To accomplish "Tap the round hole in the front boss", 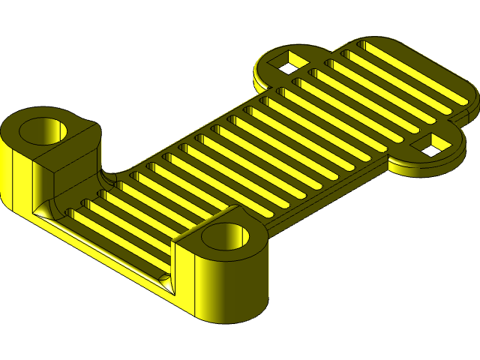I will click(x=226, y=236).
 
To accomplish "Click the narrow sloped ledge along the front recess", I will click(x=105, y=247).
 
